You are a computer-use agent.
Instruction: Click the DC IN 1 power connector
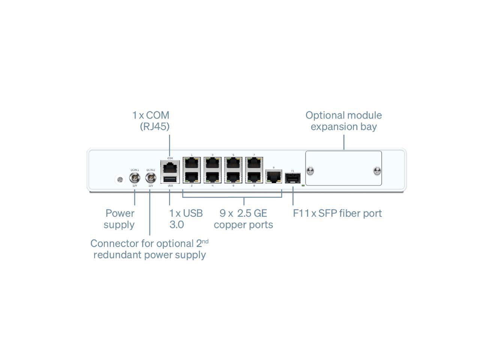click(134, 178)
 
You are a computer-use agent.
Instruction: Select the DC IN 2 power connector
click(150, 178)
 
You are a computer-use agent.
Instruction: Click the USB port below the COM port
click(170, 179)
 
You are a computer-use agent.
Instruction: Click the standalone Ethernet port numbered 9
click(274, 176)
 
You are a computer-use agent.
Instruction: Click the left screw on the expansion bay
click(310, 171)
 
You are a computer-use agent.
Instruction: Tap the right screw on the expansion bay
click(377, 171)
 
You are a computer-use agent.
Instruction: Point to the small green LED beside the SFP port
click(303, 185)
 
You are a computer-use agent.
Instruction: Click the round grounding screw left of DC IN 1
click(120, 180)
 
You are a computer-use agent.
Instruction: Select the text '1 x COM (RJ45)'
click(151, 121)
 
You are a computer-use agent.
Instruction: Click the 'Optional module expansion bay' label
click(343, 121)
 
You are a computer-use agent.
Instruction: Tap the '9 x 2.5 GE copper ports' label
click(243, 219)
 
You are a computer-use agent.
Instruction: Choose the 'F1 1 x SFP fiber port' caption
click(337, 213)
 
